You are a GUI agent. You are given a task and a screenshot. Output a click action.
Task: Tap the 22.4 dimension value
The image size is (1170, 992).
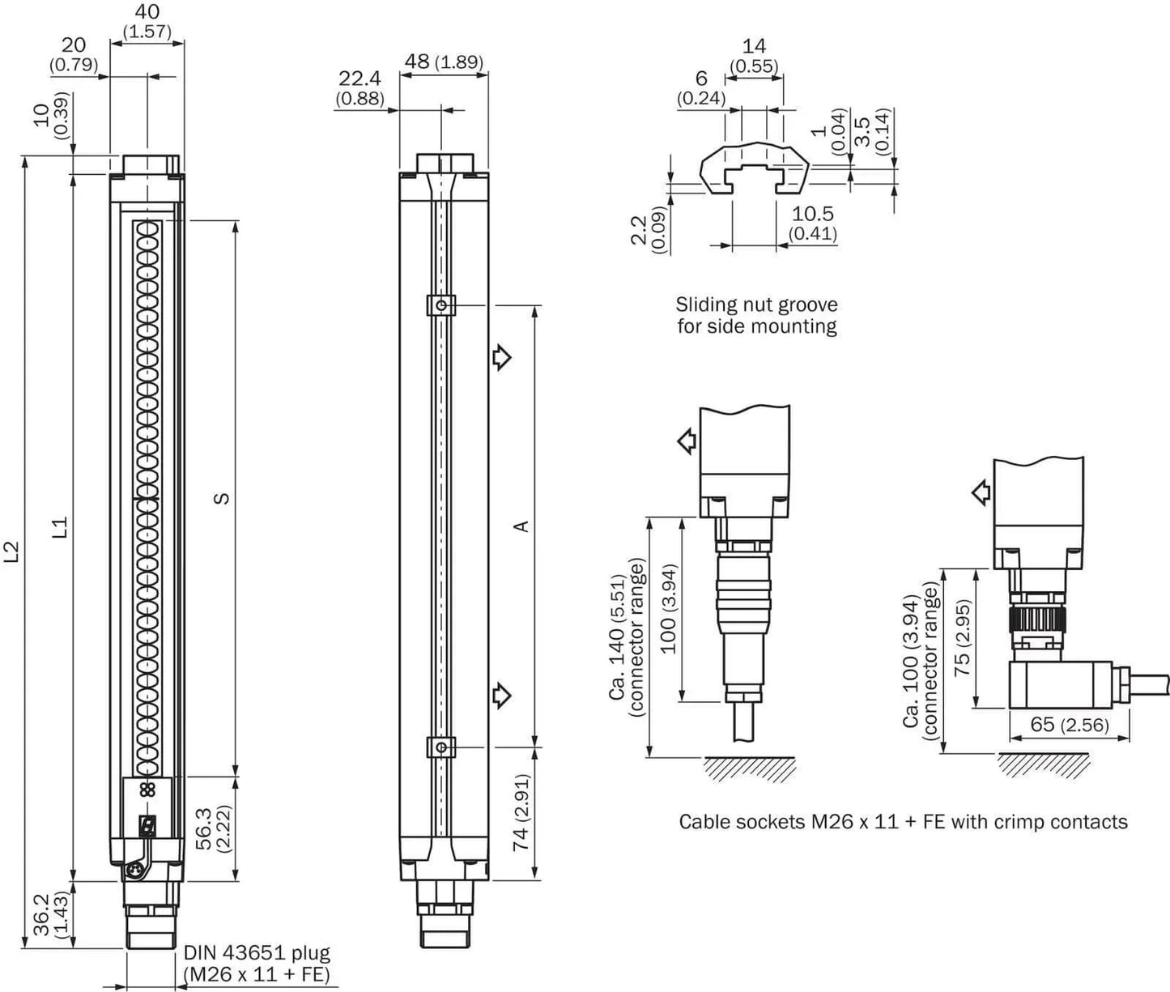(x=360, y=78)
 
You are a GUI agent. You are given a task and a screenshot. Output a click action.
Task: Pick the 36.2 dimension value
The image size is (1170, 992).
(x=42, y=915)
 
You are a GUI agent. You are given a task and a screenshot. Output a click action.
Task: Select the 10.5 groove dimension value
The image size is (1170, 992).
(x=812, y=214)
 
